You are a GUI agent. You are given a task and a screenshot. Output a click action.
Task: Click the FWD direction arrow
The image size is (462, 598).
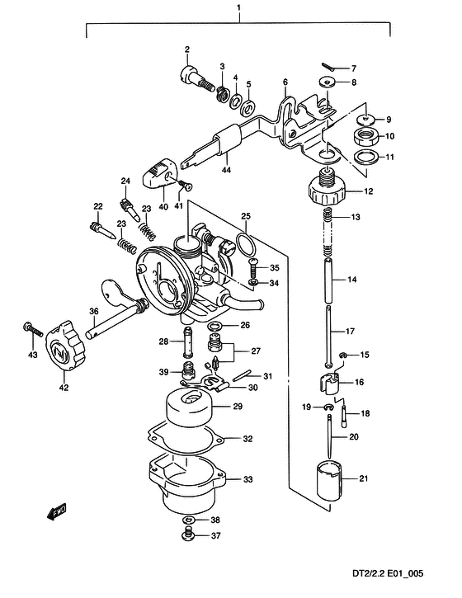(57, 512)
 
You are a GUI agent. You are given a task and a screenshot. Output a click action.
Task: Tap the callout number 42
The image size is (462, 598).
(64, 388)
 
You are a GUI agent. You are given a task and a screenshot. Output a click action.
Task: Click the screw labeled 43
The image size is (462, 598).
(33, 329)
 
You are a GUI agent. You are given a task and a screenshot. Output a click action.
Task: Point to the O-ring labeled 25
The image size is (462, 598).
(245, 245)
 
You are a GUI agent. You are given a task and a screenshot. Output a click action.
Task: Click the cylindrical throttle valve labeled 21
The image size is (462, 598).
(330, 481)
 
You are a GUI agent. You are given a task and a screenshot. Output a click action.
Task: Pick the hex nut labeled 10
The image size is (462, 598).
(365, 137)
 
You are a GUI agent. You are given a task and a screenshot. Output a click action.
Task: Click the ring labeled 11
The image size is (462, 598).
(366, 157)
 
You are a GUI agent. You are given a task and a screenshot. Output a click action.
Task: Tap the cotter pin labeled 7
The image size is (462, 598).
(328, 67)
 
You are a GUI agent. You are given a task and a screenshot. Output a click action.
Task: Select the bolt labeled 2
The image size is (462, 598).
(195, 78)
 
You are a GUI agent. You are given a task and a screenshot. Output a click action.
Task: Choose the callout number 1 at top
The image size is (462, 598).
(238, 7)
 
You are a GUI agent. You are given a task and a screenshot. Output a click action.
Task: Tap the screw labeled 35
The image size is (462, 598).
(253, 268)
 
